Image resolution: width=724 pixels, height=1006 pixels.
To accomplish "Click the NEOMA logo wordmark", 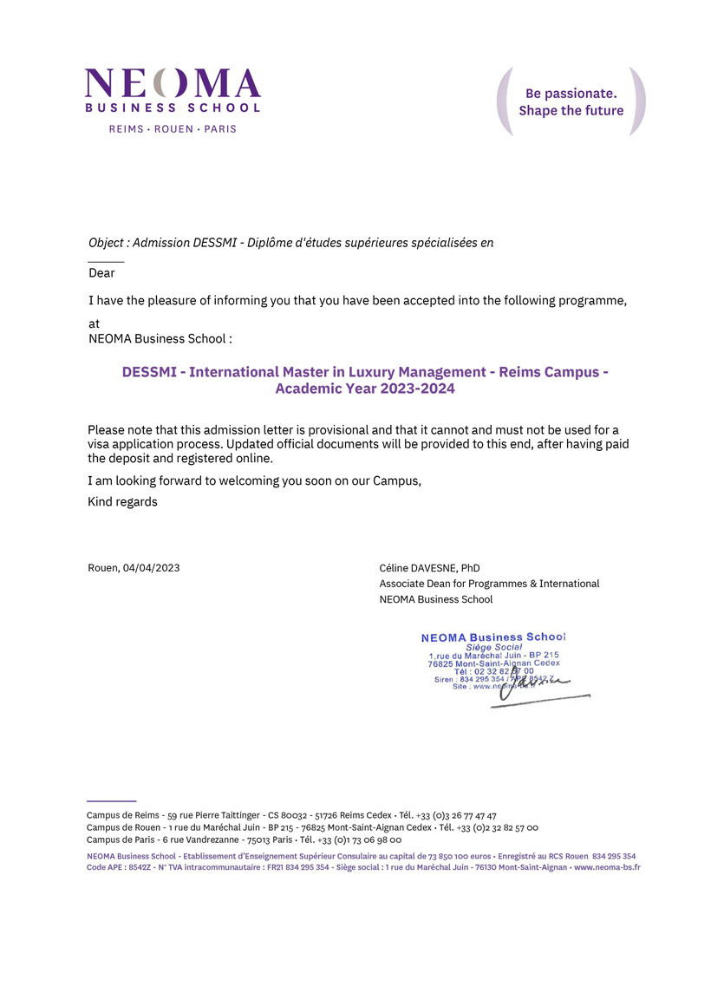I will pyautogui.click(x=173, y=83).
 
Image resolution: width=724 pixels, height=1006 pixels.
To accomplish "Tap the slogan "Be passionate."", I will pyautogui.click(x=571, y=93).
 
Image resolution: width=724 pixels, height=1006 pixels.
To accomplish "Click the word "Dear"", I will pyautogui.click(x=101, y=272).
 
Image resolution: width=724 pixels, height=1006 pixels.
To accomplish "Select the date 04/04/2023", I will pyautogui.click(x=152, y=568).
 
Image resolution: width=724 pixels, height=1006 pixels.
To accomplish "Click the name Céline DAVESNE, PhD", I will pyautogui.click(x=429, y=568).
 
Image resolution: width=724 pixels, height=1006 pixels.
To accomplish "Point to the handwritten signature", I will pyautogui.click(x=529, y=685).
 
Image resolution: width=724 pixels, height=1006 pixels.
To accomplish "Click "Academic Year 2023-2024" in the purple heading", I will pyautogui.click(x=365, y=389).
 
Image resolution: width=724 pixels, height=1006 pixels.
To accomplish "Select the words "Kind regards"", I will pyautogui.click(x=123, y=501).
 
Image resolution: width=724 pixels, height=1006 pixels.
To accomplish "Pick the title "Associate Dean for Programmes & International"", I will pyautogui.click(x=489, y=584).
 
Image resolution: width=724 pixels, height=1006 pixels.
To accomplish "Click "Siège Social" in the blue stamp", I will pyautogui.click(x=493, y=647).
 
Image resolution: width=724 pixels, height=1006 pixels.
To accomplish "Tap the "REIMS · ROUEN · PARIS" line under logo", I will pyautogui.click(x=173, y=129).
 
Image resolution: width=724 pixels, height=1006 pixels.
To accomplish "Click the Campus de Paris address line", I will pyautogui.click(x=244, y=839).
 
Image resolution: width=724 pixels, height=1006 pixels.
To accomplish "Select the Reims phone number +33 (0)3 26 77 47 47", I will pyautogui.click(x=456, y=815).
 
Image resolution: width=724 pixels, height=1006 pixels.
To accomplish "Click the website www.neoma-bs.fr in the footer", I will pyautogui.click(x=607, y=867).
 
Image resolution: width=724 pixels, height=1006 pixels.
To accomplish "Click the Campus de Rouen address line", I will pyautogui.click(x=312, y=827).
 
